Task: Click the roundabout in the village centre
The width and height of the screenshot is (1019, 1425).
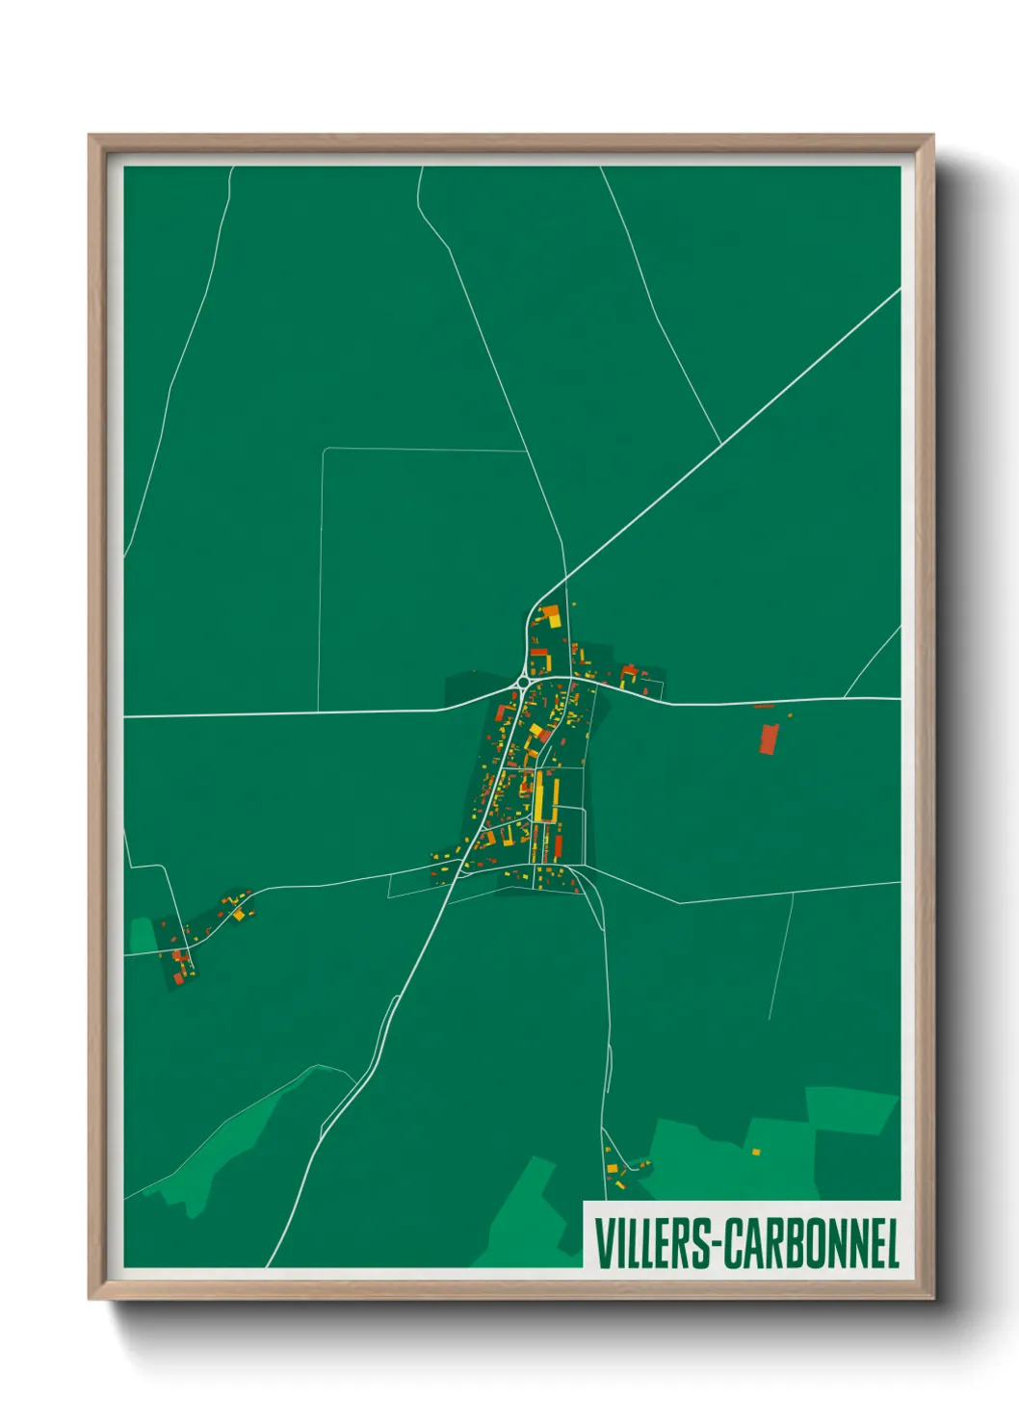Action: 523,683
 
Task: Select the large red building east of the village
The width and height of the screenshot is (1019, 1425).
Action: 769,738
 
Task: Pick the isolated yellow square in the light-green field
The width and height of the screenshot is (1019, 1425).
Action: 756,1152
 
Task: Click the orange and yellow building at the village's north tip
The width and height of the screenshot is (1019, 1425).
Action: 550,614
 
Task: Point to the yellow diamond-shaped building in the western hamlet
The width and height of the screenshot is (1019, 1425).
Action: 238,915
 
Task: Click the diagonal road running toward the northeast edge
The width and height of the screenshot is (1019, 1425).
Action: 732,433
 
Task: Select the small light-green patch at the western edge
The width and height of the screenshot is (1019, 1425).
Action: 143,934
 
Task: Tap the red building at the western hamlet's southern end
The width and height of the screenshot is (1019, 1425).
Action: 178,977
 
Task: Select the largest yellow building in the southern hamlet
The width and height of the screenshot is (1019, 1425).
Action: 612,1168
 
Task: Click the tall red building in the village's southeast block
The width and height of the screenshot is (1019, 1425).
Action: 558,847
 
